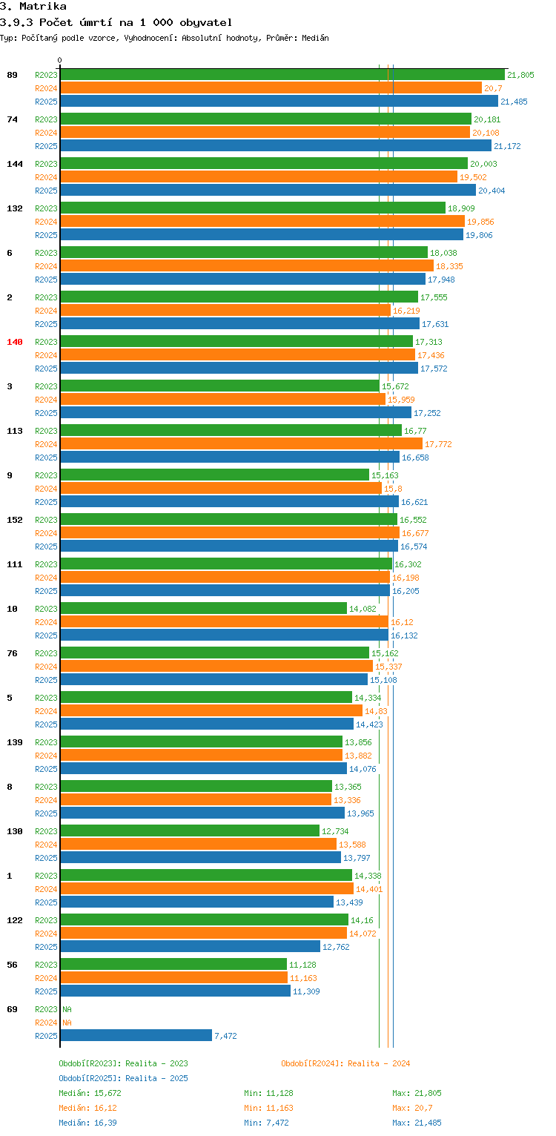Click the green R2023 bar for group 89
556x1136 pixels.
tap(282, 75)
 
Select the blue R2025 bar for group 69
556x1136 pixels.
tap(136, 1036)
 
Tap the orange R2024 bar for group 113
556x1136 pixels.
tap(241, 444)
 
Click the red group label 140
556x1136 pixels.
tap(15, 342)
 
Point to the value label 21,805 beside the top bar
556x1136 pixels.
tap(520, 75)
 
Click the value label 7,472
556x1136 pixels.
tap(225, 1036)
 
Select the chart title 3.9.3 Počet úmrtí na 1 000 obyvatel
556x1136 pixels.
tap(116, 22)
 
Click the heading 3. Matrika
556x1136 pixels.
tap(33, 7)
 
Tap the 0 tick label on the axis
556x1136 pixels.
tap(60, 61)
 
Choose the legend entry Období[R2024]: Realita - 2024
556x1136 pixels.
tap(345, 1063)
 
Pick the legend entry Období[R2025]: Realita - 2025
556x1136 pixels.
tap(123, 1078)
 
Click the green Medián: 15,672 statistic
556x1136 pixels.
tap(90, 1093)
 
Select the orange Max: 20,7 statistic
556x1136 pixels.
tap(412, 1108)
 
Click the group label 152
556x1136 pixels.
tap(15, 520)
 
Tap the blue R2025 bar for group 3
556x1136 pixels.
tap(235, 413)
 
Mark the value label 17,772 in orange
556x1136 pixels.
tap(438, 444)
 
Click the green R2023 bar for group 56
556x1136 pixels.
tap(173, 965)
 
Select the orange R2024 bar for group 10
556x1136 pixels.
tap(224, 622)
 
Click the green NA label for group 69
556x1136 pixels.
tap(67, 1009)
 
